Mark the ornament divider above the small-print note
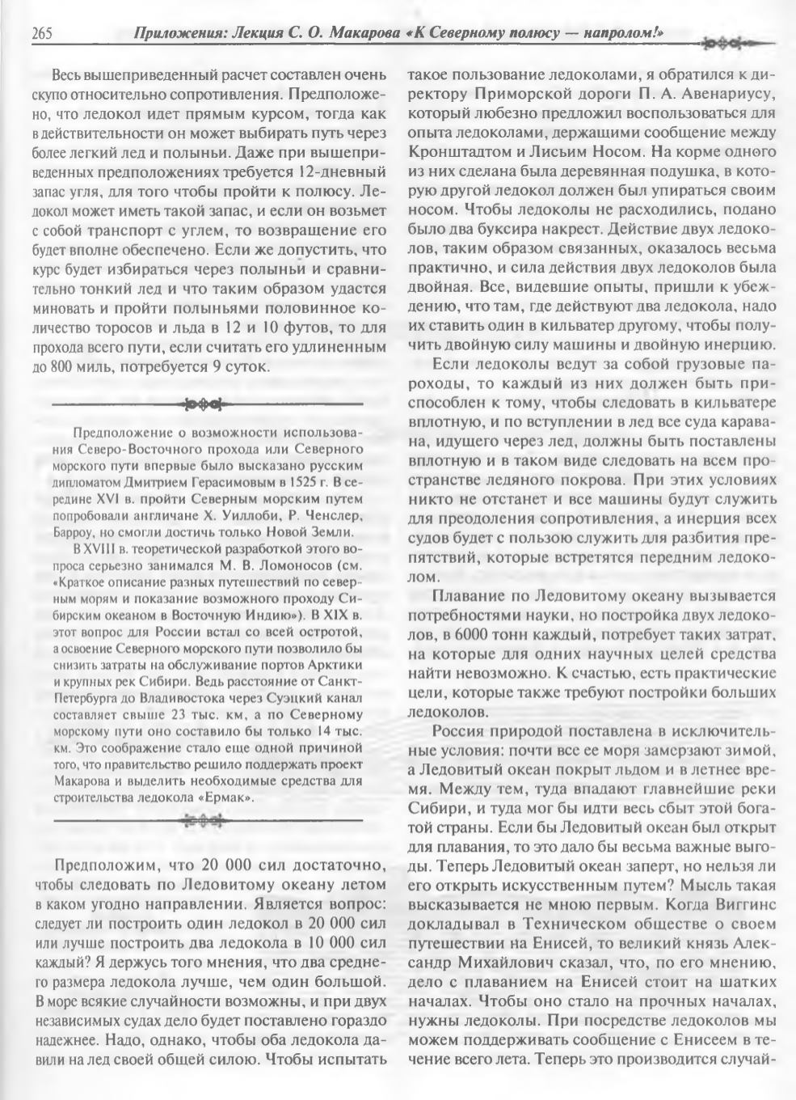[207, 403]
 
